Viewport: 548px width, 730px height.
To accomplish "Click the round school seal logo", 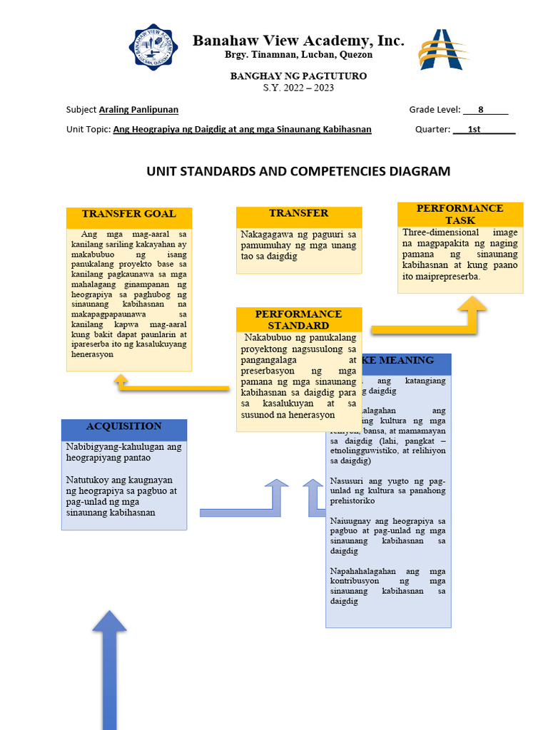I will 153,47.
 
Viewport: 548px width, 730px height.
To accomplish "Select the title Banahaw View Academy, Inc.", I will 298,41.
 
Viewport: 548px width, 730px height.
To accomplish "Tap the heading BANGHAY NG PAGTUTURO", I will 298,76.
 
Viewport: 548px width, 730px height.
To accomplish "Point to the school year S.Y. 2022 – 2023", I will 298,88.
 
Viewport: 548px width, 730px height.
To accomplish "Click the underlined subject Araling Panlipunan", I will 138,110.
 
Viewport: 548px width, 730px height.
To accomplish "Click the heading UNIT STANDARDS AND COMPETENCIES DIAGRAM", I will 298,171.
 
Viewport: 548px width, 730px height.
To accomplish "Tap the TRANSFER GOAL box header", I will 128,214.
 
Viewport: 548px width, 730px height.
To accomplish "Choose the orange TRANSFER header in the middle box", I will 299,213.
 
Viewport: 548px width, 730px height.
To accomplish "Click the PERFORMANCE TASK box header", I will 460,214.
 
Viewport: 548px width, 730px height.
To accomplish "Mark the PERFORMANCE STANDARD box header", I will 299,319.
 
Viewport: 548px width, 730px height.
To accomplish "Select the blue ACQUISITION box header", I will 124,426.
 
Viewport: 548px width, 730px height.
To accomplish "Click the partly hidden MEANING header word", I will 407,360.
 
